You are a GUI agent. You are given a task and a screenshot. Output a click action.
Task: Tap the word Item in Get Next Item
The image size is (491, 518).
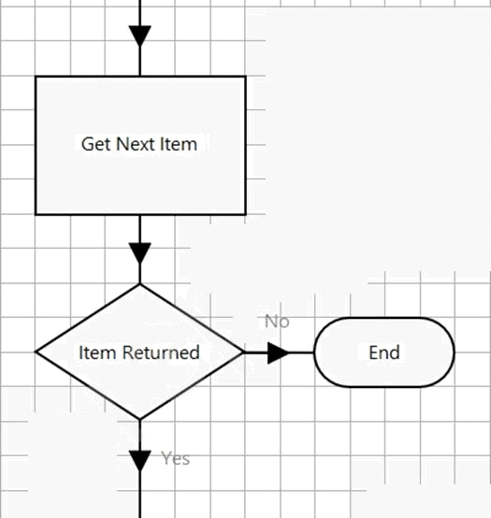point(179,144)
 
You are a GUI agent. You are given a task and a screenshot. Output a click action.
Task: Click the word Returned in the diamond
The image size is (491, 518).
point(161,353)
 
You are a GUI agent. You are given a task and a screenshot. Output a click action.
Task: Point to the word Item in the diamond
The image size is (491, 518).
point(98,353)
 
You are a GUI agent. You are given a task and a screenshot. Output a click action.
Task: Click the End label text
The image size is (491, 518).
point(384,353)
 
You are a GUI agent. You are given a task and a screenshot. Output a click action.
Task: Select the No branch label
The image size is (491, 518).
point(277,322)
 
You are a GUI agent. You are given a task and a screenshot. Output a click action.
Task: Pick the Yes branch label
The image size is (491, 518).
point(176,458)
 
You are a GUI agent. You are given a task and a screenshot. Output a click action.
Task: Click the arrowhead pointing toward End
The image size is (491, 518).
point(278,353)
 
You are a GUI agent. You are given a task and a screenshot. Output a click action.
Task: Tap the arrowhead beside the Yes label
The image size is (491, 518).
point(139,461)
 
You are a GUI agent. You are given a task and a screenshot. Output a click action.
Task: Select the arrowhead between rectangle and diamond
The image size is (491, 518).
point(139,253)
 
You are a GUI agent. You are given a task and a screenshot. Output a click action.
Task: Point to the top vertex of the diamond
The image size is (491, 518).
point(139,284)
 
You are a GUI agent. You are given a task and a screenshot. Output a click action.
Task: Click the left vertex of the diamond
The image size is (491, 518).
point(36,353)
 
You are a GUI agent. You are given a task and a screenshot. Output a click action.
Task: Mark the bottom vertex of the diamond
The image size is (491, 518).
point(139,420)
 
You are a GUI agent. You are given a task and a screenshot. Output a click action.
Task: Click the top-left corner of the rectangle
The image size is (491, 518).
point(36,77)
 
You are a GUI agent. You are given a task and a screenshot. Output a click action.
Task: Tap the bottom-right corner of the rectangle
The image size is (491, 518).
point(245,215)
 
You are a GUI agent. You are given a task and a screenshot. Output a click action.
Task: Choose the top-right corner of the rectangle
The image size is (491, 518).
point(245,77)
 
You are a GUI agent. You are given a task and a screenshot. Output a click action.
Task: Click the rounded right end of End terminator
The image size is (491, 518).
point(455,353)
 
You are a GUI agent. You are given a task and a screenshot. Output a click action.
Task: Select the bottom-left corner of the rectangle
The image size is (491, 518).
point(36,215)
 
